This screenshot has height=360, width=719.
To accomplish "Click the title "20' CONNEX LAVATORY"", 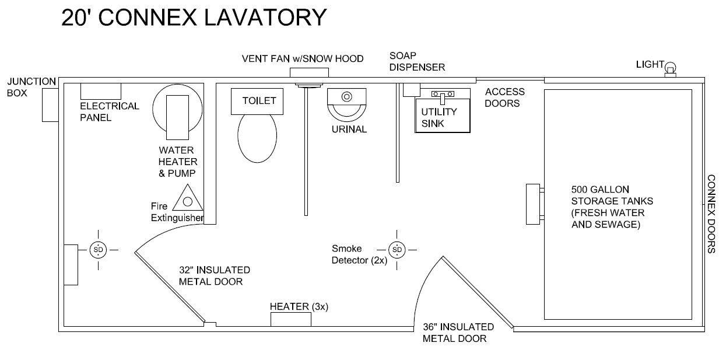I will pyautogui.click(x=194, y=18).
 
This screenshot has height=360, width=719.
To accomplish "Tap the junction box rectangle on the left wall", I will pyautogui.click(x=51, y=105).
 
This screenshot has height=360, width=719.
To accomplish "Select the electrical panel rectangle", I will pyautogui.click(x=100, y=91).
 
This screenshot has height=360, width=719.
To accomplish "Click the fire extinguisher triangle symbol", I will pyautogui.click(x=188, y=200).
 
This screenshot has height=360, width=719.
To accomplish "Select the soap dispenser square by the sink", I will pyautogui.click(x=412, y=89).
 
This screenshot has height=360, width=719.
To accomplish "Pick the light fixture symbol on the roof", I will pyautogui.click(x=671, y=69).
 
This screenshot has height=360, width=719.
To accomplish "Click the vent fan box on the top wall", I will pyautogui.click(x=309, y=72).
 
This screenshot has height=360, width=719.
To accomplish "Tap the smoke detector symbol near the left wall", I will pyautogui.click(x=97, y=250).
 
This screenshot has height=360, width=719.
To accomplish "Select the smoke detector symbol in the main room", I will pyautogui.click(x=397, y=250).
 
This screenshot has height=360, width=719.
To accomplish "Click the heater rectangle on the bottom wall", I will pyautogui.click(x=290, y=320).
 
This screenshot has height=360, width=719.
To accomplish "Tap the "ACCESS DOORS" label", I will pyautogui.click(x=504, y=97).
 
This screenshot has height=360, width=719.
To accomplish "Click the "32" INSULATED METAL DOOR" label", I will pyautogui.click(x=214, y=275).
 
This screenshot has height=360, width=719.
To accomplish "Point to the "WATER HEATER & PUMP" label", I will pyautogui.click(x=178, y=162).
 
